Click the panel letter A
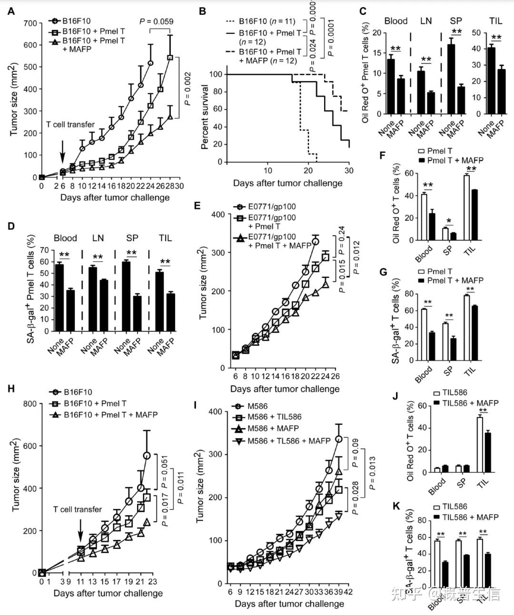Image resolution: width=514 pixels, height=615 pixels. coord(11,11)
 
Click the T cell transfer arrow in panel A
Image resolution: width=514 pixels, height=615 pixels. coord(62,153)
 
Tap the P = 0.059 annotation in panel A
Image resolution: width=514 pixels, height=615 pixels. coord(156,21)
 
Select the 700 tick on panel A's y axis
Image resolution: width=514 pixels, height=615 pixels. coord(30,23)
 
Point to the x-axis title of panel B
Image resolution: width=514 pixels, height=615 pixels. coord(287,183)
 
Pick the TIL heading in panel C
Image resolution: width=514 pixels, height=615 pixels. coord(495,21)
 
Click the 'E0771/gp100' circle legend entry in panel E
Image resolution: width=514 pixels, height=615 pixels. coord(265,207)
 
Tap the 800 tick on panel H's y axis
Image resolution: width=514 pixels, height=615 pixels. coord(30,404)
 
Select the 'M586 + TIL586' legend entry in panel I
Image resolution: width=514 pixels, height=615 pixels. coord(274,417)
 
